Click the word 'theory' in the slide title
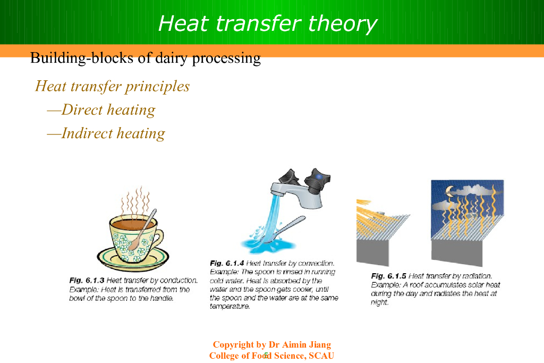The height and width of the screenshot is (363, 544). coord(342,24)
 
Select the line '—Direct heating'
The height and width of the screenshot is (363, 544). coord(101,110)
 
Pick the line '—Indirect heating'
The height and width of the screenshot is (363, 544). coord(106,133)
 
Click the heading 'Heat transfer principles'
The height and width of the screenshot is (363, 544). coord(113,87)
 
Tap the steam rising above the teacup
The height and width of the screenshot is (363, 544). coord(136,201)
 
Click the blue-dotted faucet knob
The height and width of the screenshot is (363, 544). coord(317,181)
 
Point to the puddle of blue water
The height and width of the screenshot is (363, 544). coord(268,245)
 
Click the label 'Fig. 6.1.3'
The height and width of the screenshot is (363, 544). coord(87,281)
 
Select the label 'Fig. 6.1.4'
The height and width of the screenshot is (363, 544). coord(227,264)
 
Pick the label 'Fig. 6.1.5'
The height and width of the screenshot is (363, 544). coord(388,276)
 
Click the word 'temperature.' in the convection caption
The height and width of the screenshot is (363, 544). coord(229,307)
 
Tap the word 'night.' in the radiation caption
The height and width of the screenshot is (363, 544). coord(379,302)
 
